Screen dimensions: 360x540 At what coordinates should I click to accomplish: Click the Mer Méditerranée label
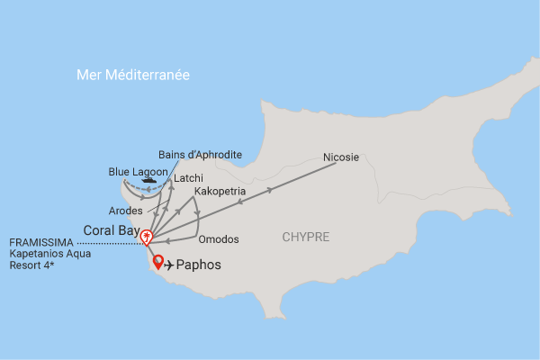133,76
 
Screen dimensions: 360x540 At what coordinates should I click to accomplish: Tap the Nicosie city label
341,157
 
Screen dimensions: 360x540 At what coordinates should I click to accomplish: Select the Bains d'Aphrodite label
200,155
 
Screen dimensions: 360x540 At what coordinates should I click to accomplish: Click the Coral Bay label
109,230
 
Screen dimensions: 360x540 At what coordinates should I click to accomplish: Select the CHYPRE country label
306,238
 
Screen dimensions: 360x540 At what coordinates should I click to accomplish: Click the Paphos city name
199,265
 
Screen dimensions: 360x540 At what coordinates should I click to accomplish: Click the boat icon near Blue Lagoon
148,179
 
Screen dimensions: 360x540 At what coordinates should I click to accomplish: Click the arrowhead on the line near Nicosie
270,191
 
